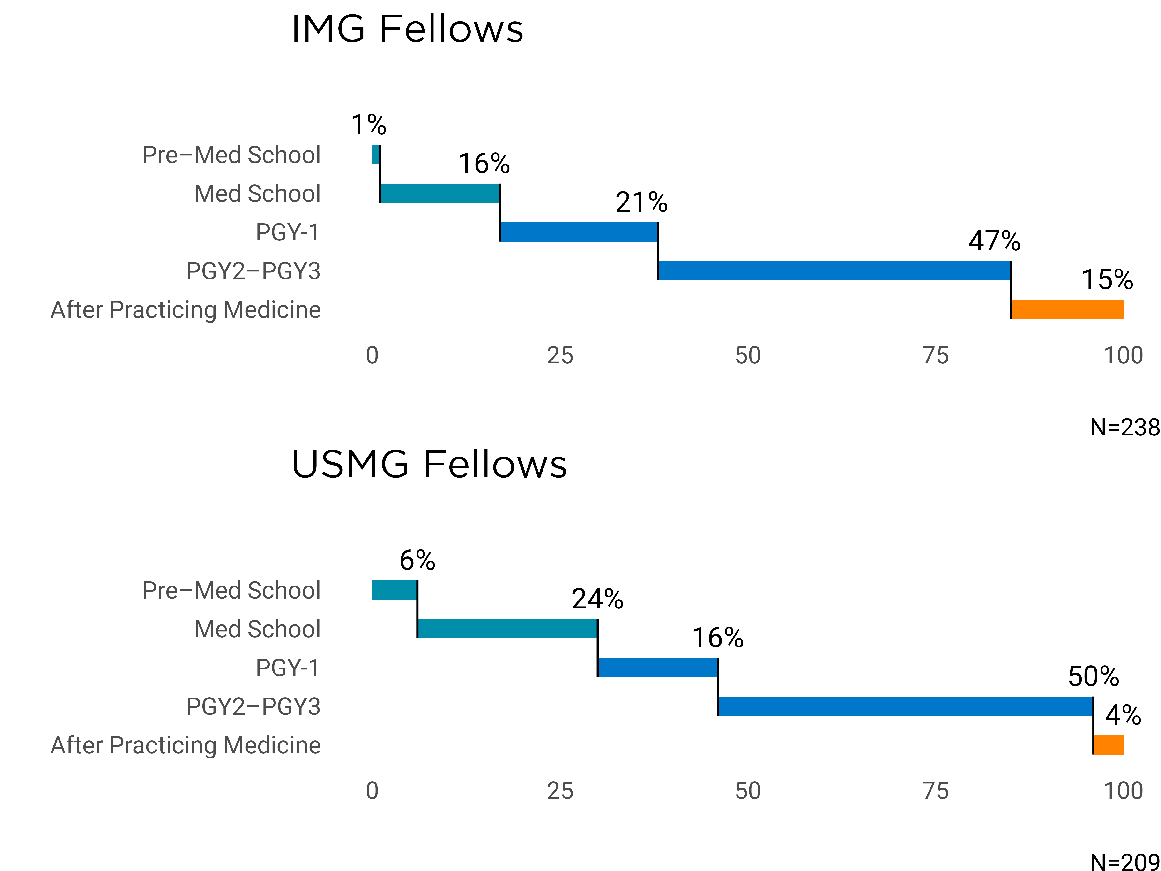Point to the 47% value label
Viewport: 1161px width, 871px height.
[x=994, y=241]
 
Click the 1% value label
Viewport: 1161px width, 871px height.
[x=368, y=125]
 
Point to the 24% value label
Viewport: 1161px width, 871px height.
[x=597, y=599]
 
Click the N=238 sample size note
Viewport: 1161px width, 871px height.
[x=1124, y=427]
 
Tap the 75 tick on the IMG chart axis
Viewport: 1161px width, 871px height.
[x=935, y=356]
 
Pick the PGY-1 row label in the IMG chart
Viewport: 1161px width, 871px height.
[x=288, y=232]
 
